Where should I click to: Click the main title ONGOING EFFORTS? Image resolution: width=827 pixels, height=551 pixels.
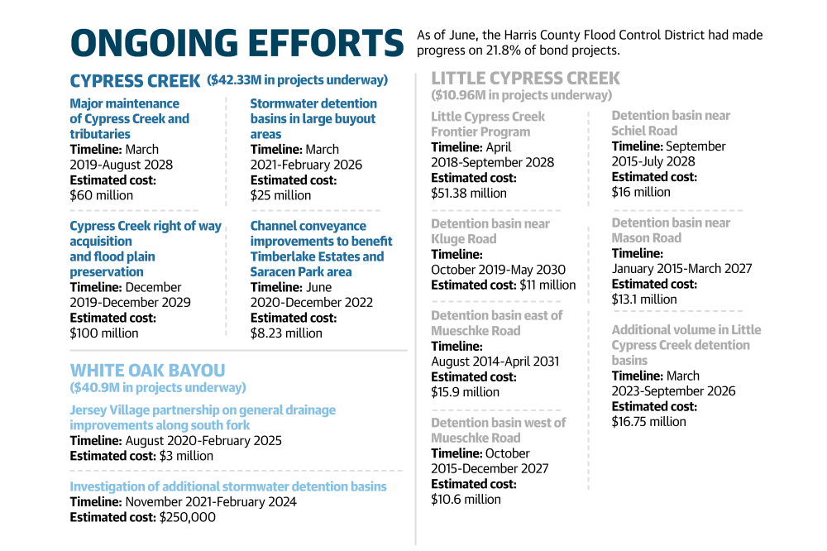[237, 43]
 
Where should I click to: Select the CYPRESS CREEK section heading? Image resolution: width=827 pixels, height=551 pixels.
[135, 81]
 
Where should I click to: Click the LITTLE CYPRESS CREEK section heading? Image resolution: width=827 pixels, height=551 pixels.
[525, 78]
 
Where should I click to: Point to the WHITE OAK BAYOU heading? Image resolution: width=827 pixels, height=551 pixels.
[148, 370]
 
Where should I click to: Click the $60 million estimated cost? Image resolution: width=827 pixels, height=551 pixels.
[101, 195]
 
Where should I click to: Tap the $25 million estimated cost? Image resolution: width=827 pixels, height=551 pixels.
[280, 195]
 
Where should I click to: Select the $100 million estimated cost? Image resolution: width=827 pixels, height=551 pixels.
[104, 333]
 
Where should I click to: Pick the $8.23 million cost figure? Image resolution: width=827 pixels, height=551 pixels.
[286, 333]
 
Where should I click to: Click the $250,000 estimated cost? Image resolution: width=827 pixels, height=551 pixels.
[187, 517]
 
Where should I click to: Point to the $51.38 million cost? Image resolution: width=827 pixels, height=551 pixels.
[468, 193]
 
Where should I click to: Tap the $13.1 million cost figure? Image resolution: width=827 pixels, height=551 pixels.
[644, 299]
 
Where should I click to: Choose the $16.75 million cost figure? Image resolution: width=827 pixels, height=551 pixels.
[648, 422]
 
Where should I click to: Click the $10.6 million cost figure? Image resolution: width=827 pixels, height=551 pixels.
[466, 499]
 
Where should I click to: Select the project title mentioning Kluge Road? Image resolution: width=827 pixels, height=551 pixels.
[490, 231]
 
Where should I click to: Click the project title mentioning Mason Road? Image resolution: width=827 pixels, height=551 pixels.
[671, 230]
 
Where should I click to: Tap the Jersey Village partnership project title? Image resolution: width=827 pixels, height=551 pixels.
[203, 418]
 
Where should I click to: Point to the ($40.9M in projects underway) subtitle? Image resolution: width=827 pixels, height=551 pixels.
[158, 387]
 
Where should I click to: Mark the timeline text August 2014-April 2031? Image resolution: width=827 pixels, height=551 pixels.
[495, 362]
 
